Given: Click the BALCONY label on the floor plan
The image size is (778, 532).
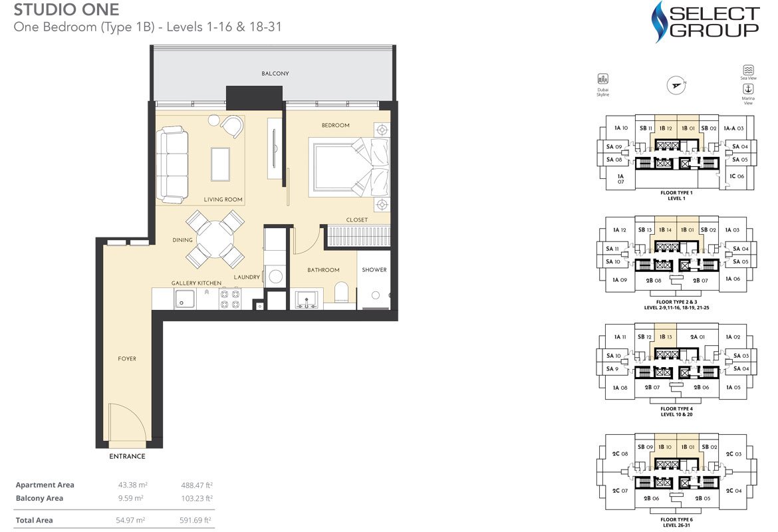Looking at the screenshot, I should [275, 74].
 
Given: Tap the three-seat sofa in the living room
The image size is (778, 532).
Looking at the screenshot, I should [172, 165].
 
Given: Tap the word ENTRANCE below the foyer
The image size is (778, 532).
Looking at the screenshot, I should [127, 457].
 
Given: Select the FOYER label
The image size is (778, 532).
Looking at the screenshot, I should [127, 359].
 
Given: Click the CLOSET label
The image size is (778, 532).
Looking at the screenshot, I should [356, 220].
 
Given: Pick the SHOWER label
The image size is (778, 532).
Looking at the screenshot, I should [374, 270].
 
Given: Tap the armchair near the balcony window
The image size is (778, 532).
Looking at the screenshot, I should [232, 126].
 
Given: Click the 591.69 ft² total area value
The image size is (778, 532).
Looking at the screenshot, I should [196, 520].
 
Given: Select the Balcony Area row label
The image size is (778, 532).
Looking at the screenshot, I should [39, 498].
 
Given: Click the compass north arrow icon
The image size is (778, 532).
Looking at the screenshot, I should [676, 84].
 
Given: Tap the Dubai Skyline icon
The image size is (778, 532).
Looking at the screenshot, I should [603, 79].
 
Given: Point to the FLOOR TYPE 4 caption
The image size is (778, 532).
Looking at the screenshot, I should [676, 409].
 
